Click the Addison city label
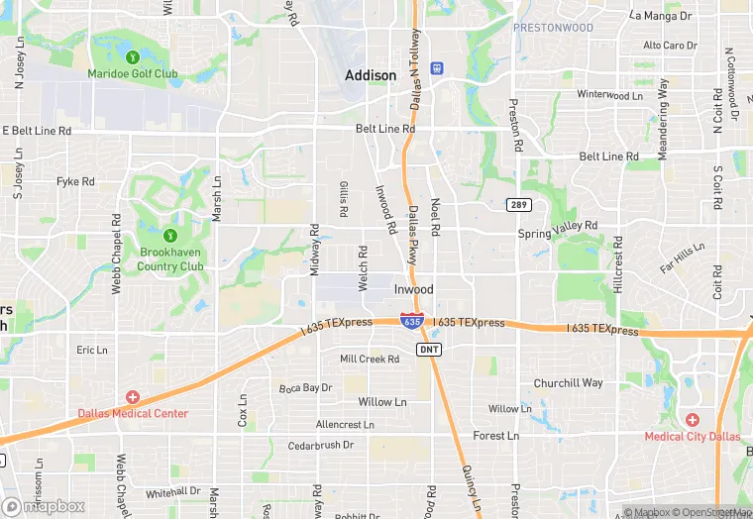(371, 75)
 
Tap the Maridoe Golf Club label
(133, 73)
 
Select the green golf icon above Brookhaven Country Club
(169, 236)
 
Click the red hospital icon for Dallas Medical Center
(133, 397)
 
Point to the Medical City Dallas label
(692, 436)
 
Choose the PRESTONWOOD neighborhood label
(553, 28)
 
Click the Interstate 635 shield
(412, 322)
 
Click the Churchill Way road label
(568, 383)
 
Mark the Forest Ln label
(495, 435)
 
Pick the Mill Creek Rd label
(368, 359)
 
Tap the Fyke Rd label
(75, 181)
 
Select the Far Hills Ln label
(682, 259)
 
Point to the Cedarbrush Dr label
(320, 445)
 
